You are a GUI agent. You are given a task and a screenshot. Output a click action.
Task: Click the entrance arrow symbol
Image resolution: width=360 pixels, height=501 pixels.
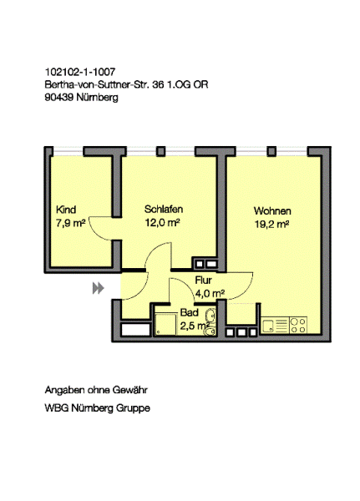point(99,288)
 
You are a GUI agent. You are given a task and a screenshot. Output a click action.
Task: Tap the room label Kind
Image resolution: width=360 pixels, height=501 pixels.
point(66,210)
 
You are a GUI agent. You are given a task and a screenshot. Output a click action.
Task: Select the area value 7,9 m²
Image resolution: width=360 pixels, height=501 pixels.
point(71,223)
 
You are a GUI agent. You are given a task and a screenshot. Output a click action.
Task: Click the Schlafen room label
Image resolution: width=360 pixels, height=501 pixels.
point(164,209)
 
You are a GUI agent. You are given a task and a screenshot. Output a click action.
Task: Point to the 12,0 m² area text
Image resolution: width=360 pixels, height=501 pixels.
point(162,222)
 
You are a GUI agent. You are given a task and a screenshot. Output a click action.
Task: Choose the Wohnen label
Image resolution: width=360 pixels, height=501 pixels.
point(272,211)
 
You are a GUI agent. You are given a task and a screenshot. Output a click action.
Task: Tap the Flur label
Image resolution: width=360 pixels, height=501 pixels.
point(203,281)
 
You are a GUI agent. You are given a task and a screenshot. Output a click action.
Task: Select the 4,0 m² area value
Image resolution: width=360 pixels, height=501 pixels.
point(210,293)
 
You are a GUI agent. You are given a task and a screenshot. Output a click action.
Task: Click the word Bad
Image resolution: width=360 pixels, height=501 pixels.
point(190,312)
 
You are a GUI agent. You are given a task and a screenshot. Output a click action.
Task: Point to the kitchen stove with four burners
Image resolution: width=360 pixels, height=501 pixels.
point(298,326)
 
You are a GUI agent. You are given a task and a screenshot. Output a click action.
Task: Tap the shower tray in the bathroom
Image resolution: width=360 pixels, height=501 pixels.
point(165,324)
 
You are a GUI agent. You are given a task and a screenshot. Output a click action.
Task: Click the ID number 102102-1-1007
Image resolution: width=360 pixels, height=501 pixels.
point(80,72)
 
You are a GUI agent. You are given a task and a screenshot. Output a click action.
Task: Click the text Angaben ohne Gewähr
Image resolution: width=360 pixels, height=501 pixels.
point(96,390)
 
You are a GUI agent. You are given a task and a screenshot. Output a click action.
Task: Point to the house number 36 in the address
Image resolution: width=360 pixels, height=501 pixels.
point(158,84)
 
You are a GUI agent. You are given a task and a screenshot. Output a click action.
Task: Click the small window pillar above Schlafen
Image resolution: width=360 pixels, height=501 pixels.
point(161,151)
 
